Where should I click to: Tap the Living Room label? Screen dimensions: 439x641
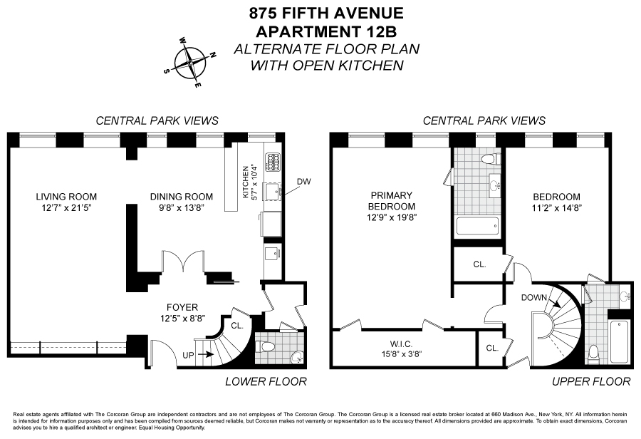67,197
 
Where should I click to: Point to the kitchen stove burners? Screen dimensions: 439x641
272,162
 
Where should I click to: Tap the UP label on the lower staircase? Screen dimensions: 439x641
188,353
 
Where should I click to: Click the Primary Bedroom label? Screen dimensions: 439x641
386,201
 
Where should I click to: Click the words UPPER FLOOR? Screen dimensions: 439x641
591,382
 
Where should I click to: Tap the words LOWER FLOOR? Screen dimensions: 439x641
266,382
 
